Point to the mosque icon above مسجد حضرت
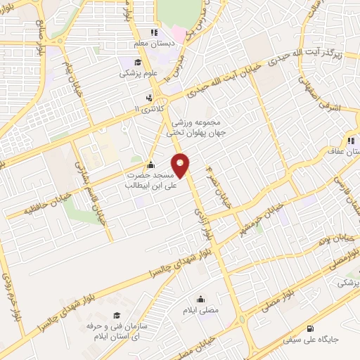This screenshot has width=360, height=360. tap(150, 165)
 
